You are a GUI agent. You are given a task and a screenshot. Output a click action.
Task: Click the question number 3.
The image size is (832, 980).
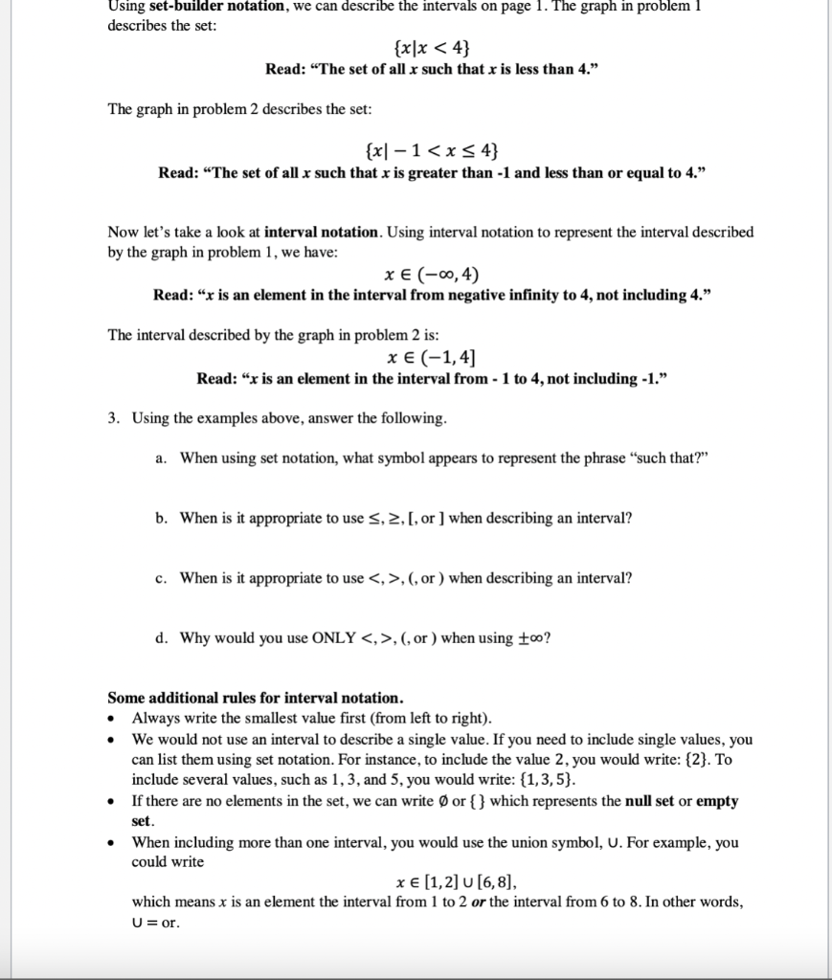click(114, 418)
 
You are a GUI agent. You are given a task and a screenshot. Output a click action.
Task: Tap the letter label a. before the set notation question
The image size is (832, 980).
click(161, 457)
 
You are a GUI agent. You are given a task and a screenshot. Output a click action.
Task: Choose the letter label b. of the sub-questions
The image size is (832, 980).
click(161, 518)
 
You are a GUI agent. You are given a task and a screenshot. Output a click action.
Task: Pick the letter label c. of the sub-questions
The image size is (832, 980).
click(161, 578)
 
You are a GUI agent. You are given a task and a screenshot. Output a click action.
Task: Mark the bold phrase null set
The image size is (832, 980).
click(658, 801)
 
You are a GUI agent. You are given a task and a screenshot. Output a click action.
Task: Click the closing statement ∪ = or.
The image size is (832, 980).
click(155, 923)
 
